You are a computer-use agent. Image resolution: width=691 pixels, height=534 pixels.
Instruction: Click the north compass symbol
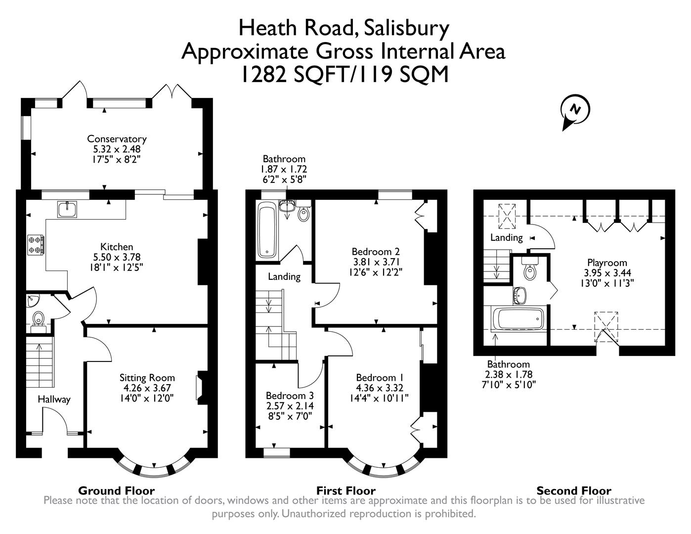coord(574,109)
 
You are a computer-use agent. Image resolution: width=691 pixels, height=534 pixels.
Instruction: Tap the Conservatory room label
coord(117,139)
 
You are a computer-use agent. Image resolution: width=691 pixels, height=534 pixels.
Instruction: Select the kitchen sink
coord(66,210)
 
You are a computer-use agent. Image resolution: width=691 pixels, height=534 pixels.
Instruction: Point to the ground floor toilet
coord(38,319)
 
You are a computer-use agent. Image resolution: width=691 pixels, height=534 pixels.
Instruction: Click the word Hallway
coord(54,400)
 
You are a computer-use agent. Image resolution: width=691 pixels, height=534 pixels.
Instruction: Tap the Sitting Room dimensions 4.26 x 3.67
coord(147,388)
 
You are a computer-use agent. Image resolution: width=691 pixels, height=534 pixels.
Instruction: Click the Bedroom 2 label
coord(376,251)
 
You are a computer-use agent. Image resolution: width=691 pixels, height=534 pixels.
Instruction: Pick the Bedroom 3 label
coord(289,396)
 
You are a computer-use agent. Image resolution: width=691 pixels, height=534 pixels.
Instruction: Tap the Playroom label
coord(607,263)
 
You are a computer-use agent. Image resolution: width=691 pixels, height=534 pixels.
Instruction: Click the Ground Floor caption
coord(116,490)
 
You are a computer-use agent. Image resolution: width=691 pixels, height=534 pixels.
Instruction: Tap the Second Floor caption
coord(573,490)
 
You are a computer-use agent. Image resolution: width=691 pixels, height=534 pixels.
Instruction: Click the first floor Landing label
coord(284,276)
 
